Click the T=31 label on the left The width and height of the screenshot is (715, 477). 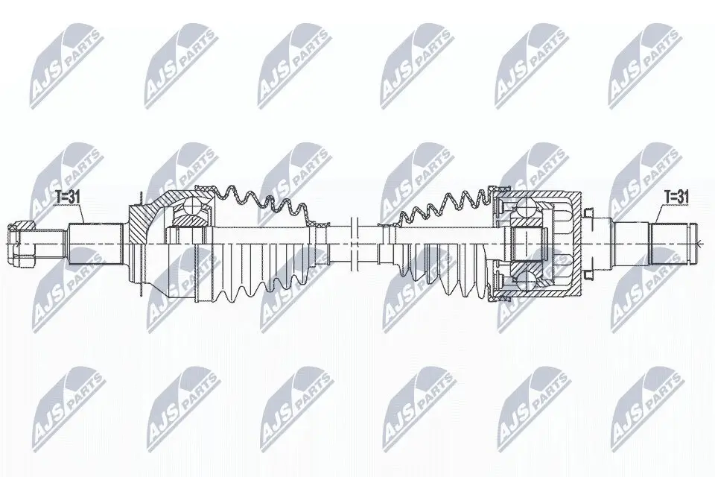coord(68,197)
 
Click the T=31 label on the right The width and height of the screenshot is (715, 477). coord(676,197)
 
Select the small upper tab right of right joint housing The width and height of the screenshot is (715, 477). coord(588,215)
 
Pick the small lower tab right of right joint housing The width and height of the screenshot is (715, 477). coord(588,271)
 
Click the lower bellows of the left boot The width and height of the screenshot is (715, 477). coord(253,279)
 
